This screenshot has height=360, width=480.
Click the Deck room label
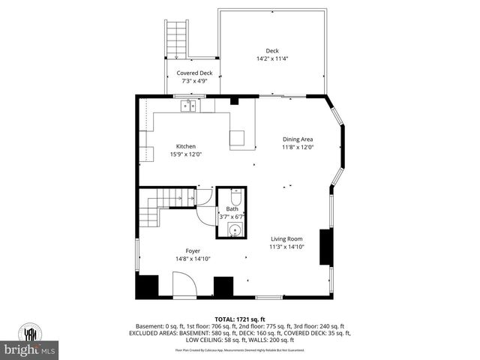click(x=272, y=50)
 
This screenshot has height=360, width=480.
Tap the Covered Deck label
click(x=194, y=73)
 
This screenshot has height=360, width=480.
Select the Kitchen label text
click(x=186, y=146)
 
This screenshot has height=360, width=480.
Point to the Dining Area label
click(x=298, y=139)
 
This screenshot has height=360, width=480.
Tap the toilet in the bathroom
click(x=235, y=196)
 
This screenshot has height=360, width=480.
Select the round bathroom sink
click(x=235, y=229)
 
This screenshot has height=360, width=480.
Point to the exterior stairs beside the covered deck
click(x=175, y=37)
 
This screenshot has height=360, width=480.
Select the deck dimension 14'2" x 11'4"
click(x=272, y=58)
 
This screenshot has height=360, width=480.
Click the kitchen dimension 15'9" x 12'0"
click(x=186, y=154)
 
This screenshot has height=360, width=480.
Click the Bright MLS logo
click(x=30, y=341)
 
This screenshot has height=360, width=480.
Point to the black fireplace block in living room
click(x=326, y=247)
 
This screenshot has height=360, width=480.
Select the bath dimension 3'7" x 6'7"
click(x=232, y=217)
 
